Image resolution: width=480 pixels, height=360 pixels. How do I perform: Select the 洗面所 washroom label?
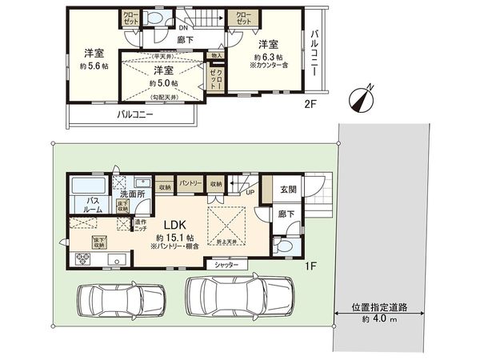(131, 194)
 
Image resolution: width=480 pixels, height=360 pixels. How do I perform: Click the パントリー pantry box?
(190, 183)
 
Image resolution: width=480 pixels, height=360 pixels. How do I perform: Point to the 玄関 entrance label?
(290, 190)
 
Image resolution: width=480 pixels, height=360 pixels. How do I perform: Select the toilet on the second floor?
(154, 18)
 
